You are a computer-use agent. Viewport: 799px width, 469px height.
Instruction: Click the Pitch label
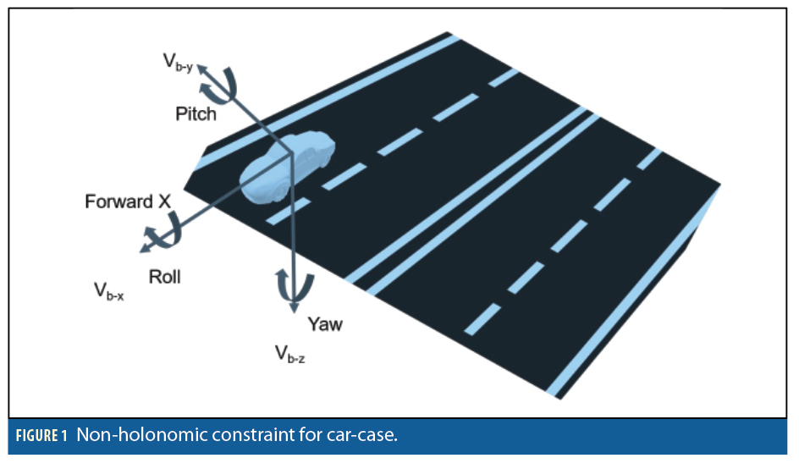pos(196,113)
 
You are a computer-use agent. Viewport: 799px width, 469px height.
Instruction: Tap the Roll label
pos(164,276)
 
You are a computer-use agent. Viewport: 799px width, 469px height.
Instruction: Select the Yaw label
pos(325,323)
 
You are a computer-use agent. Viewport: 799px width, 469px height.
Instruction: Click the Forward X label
pos(128,202)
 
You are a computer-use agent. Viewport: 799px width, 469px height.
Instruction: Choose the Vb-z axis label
pos(289,353)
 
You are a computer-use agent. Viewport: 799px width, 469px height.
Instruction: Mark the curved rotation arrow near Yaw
pos(291,284)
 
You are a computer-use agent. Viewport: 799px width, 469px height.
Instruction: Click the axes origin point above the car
pos(292,152)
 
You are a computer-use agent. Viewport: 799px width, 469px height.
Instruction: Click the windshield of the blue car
pos(279,152)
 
